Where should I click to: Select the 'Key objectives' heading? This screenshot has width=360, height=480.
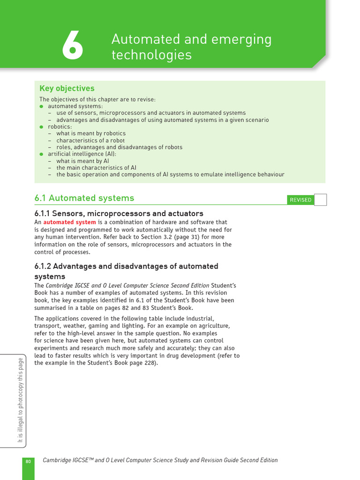(67, 89)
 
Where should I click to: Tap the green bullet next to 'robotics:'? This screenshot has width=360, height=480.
(41, 127)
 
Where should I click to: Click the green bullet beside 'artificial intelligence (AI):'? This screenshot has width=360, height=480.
(41, 154)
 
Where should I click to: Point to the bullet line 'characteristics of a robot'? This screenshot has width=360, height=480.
(90, 140)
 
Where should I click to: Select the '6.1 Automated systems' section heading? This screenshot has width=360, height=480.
(84, 198)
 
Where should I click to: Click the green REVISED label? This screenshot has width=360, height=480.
(300, 200)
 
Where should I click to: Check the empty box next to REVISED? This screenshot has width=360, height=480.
(320, 200)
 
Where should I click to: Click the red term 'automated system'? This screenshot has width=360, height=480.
(69, 222)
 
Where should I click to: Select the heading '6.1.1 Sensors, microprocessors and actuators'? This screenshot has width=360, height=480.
(119, 214)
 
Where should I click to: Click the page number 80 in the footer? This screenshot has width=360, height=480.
(28, 462)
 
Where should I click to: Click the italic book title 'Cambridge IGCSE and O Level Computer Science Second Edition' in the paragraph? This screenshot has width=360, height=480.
(127, 285)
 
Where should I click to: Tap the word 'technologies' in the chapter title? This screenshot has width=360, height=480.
(151, 55)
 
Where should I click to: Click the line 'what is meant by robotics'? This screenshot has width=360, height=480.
(91, 134)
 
